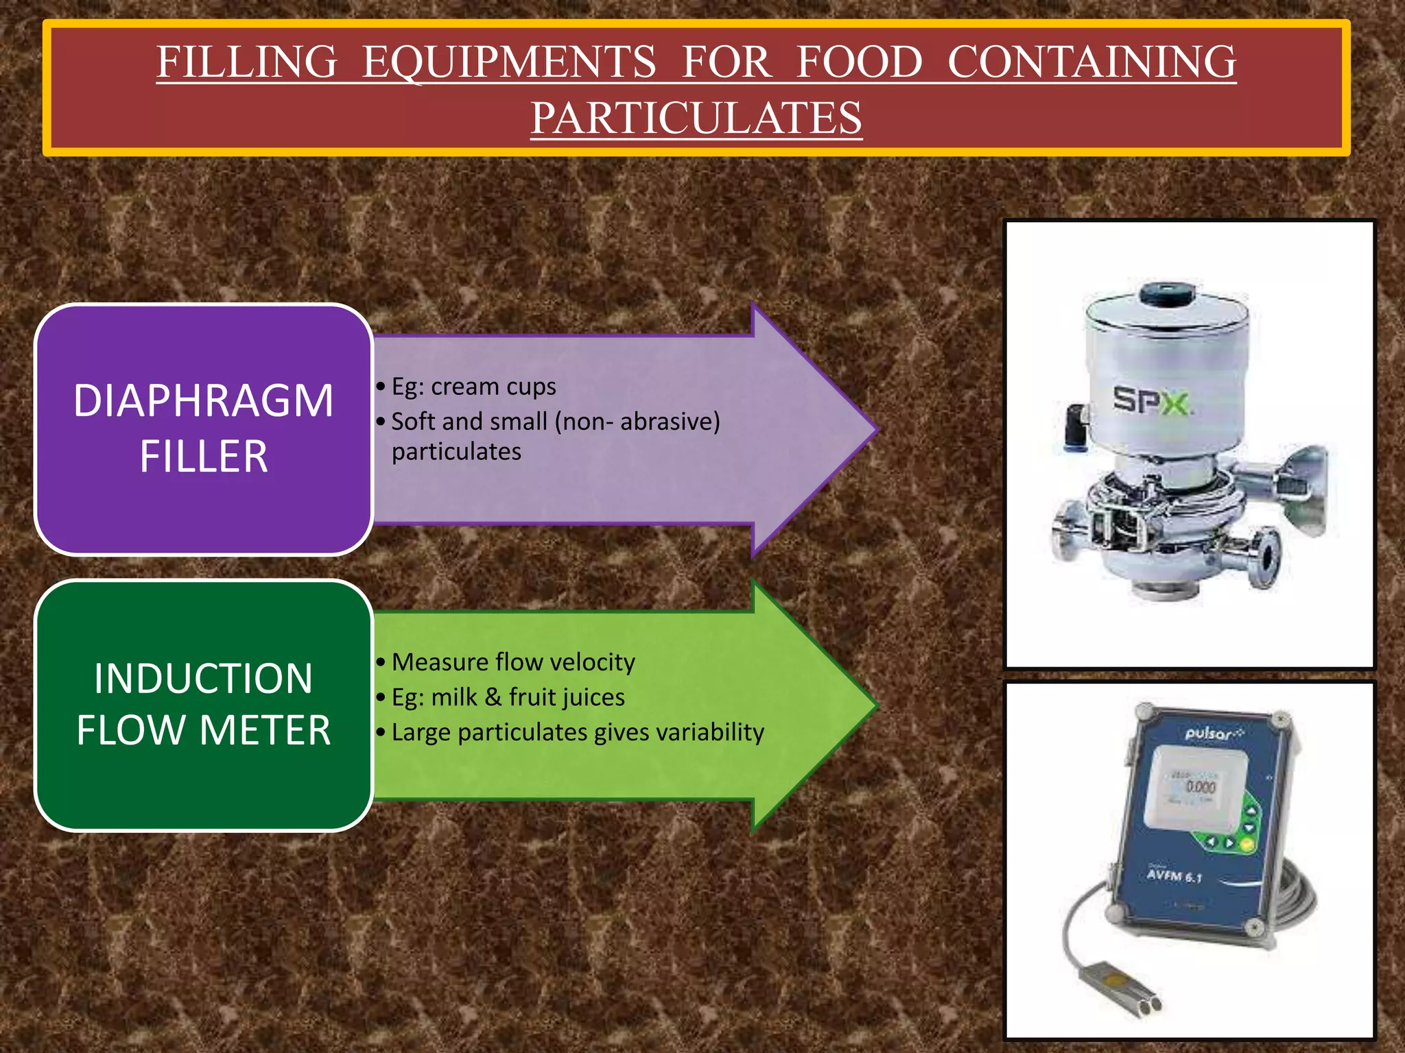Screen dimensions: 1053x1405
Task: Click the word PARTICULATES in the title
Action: click(696, 117)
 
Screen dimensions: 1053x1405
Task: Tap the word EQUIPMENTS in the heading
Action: click(509, 62)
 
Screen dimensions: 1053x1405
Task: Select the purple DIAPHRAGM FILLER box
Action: click(204, 428)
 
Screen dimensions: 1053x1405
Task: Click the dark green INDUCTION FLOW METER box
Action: click(204, 705)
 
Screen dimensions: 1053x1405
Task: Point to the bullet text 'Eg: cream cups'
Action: click(473, 387)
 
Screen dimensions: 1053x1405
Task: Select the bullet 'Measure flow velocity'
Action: click(513, 662)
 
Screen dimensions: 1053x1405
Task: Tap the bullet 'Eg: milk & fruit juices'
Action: click(508, 697)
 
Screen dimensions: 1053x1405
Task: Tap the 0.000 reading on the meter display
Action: click(1200, 786)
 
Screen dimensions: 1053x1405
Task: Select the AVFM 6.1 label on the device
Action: click(1174, 876)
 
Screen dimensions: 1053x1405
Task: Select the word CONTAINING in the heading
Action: click(1091, 62)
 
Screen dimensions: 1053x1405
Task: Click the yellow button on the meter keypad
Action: click(1247, 845)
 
